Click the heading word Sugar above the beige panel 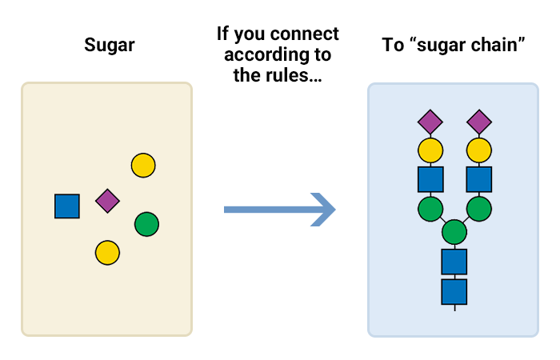pos(110,45)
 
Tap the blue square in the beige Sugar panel pos(67,206)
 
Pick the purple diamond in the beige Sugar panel pos(107,201)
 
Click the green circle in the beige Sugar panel pos(146,224)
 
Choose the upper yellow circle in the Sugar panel pos(143,166)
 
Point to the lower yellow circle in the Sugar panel pos(107,253)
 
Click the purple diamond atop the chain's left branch pos(430,122)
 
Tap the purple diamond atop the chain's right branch pos(479,122)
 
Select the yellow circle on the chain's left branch pos(430,150)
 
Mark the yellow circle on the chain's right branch pos(479,150)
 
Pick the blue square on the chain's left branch pos(430,179)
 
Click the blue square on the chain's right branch pos(479,179)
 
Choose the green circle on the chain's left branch pos(430,209)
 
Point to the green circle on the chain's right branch pos(479,209)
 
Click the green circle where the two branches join pos(454,233)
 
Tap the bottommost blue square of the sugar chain pos(454,291)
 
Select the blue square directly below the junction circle pos(454,262)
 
